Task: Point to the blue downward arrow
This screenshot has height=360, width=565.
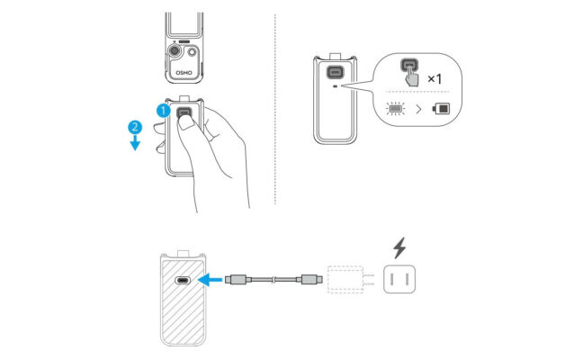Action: tap(134, 143)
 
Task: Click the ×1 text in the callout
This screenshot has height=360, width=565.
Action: tap(435, 79)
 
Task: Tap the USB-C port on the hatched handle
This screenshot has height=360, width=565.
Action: tap(184, 279)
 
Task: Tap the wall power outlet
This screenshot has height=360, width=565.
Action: tap(400, 280)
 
